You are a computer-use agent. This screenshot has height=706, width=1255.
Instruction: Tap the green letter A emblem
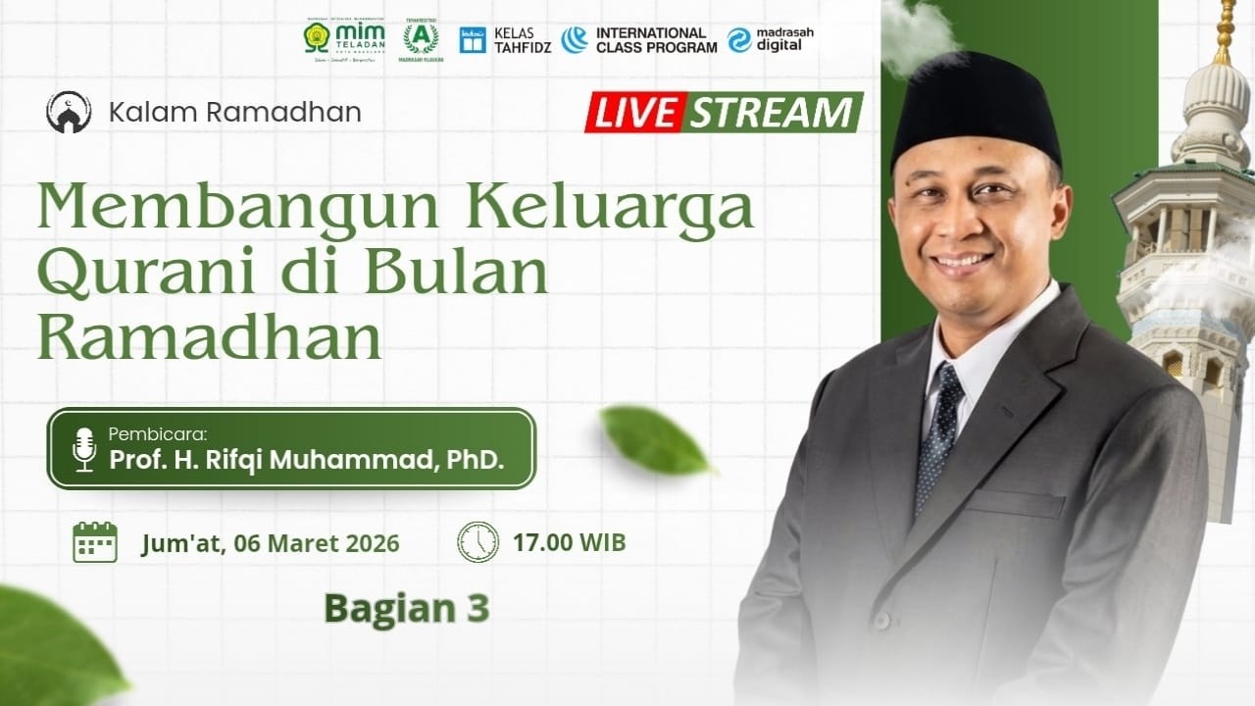pos(421,38)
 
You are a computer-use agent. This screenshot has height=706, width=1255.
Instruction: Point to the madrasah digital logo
pos(771,39)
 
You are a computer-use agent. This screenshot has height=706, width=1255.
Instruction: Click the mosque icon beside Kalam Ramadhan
pos(69,112)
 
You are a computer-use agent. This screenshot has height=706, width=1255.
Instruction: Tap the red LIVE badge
pos(634,113)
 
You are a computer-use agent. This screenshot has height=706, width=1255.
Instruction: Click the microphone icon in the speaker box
pos(84,449)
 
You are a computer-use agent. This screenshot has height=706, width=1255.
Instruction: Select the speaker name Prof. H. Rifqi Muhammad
pos(306,458)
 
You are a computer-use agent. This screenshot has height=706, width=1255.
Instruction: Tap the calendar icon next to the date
pos(95,542)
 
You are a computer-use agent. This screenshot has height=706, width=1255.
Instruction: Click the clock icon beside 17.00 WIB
pos(477,542)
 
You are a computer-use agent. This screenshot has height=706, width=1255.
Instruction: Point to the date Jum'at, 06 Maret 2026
pos(270,543)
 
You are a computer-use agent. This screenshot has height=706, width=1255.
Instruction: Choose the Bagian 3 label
pos(406,609)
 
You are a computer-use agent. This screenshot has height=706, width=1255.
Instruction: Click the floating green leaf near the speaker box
pos(654,440)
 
